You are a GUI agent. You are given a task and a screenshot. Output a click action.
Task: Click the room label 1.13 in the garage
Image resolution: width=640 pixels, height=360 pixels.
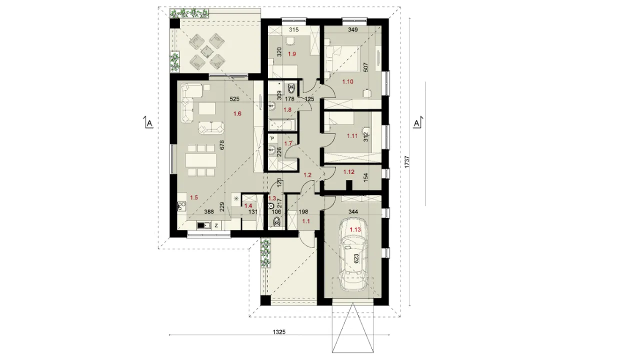[355, 229]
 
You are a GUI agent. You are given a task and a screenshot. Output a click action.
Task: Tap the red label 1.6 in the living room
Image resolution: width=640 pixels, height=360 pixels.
[237, 113]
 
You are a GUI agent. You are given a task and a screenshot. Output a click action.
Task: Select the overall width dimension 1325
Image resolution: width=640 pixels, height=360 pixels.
[279, 332]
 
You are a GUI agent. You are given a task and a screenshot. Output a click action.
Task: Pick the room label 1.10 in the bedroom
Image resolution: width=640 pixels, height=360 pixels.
[347, 81]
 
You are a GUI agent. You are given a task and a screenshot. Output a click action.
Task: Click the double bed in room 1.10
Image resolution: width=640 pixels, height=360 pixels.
[342, 59]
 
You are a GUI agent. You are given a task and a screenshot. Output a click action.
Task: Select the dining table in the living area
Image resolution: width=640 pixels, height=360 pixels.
[199, 160]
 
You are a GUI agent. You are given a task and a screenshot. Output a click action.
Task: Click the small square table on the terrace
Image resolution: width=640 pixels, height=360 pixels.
[206, 51]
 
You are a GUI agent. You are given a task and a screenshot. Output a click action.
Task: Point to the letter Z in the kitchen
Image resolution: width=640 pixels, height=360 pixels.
[216, 225]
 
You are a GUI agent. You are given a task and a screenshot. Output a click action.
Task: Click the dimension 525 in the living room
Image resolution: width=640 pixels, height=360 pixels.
[234, 99]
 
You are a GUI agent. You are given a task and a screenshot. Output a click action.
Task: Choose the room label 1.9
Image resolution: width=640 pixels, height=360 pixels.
[291, 53]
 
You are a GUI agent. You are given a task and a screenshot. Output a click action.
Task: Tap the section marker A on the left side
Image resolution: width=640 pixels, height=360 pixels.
[148, 123]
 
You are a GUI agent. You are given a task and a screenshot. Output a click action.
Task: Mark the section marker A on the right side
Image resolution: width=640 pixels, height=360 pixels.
[417, 123]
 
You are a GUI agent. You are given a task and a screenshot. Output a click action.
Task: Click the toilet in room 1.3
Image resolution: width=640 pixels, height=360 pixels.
[276, 221]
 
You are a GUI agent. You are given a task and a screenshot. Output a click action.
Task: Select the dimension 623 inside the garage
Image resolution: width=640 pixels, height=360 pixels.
[356, 259]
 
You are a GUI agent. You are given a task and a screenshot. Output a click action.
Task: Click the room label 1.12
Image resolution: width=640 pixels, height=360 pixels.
[349, 172]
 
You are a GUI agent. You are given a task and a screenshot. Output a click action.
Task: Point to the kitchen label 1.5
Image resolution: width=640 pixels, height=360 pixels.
[194, 197]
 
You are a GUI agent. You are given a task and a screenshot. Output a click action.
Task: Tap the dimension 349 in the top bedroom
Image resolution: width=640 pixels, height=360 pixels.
[353, 29]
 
